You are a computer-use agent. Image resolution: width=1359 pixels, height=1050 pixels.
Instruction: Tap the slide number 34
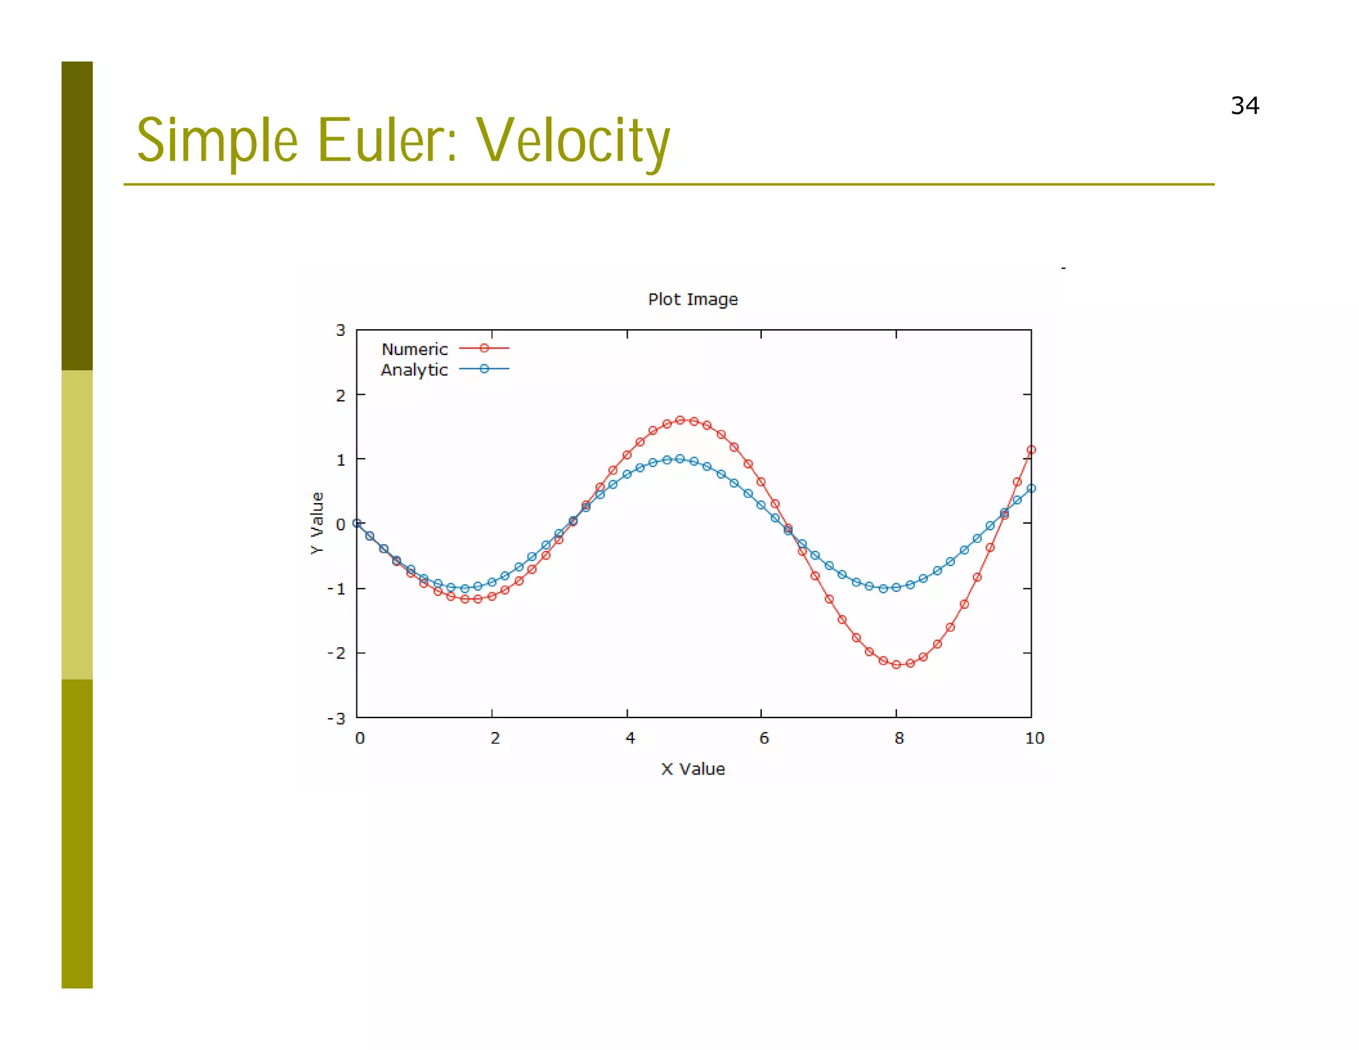coord(1244,106)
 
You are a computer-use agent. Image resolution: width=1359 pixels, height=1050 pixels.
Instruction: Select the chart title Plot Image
coord(692,299)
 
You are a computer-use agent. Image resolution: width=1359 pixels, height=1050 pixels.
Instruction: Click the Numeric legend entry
coord(415,349)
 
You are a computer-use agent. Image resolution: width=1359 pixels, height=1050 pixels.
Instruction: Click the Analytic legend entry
coord(414,370)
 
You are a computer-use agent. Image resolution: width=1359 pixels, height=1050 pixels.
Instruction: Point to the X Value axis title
coord(692,769)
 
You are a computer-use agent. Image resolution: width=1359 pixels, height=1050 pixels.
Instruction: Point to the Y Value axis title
coord(317,523)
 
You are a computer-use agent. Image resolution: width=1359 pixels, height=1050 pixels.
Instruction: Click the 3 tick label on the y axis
coord(340,331)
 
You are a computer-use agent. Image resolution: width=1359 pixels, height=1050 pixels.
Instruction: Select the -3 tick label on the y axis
coord(336,718)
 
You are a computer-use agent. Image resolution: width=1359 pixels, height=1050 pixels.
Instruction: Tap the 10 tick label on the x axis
coord(1034,738)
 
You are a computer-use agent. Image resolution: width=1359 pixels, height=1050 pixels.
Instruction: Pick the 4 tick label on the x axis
coord(629,738)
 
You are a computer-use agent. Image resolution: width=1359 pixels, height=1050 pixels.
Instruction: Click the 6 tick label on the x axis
coord(764,738)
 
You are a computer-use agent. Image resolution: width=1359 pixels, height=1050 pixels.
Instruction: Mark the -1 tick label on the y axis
coord(336,589)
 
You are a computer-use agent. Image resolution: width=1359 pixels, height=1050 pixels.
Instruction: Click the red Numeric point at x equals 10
coord(1031,449)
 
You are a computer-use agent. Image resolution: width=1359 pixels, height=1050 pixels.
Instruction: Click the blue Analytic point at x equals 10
coord(1031,488)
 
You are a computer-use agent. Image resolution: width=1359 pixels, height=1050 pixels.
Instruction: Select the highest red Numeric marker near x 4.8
coord(679,419)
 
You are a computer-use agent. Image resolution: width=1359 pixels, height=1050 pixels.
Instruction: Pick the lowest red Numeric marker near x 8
coord(896,664)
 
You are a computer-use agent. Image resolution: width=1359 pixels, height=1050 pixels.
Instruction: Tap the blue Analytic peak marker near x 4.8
coord(679,459)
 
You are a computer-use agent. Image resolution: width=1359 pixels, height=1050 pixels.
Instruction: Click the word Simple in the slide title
coord(217,141)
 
